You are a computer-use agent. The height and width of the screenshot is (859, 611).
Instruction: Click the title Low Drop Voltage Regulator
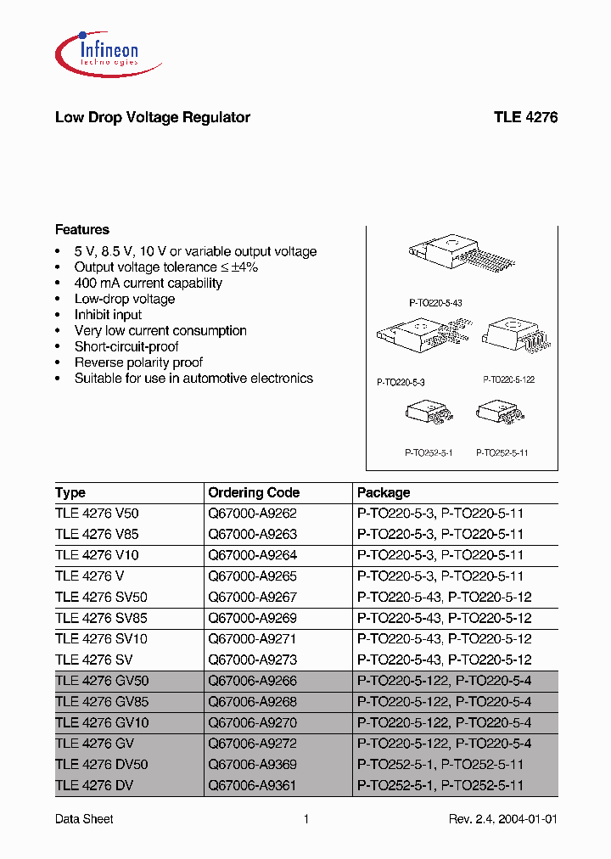pyautogui.click(x=152, y=117)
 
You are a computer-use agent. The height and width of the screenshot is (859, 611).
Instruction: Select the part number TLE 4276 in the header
pyautogui.click(x=525, y=117)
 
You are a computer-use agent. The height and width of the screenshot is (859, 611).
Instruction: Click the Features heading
pyautogui.click(x=81, y=229)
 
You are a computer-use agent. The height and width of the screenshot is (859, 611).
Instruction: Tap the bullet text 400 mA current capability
pyautogui.click(x=148, y=284)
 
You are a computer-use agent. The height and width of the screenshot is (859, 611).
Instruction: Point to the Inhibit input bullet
pyautogui.click(x=108, y=315)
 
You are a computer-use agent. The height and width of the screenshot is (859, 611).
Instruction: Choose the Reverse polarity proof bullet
pyautogui.click(x=138, y=362)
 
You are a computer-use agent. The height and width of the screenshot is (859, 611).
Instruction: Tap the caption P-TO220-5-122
pyautogui.click(x=509, y=380)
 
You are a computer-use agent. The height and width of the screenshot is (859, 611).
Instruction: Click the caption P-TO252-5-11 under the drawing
pyautogui.click(x=502, y=453)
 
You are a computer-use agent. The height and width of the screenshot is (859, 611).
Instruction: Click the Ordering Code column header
pyautogui.click(x=254, y=492)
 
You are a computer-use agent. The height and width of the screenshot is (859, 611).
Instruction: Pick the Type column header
pyautogui.click(x=70, y=492)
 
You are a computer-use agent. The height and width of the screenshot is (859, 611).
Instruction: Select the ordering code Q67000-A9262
pyautogui.click(x=252, y=513)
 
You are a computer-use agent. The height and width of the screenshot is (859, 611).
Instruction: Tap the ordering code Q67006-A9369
pyautogui.click(x=252, y=765)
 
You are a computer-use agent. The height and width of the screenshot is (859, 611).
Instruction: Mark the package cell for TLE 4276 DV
pyautogui.click(x=440, y=786)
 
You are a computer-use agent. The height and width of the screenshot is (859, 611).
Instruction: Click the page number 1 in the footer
pyautogui.click(x=305, y=819)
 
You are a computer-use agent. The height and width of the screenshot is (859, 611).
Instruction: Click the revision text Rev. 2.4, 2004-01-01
pyautogui.click(x=502, y=819)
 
